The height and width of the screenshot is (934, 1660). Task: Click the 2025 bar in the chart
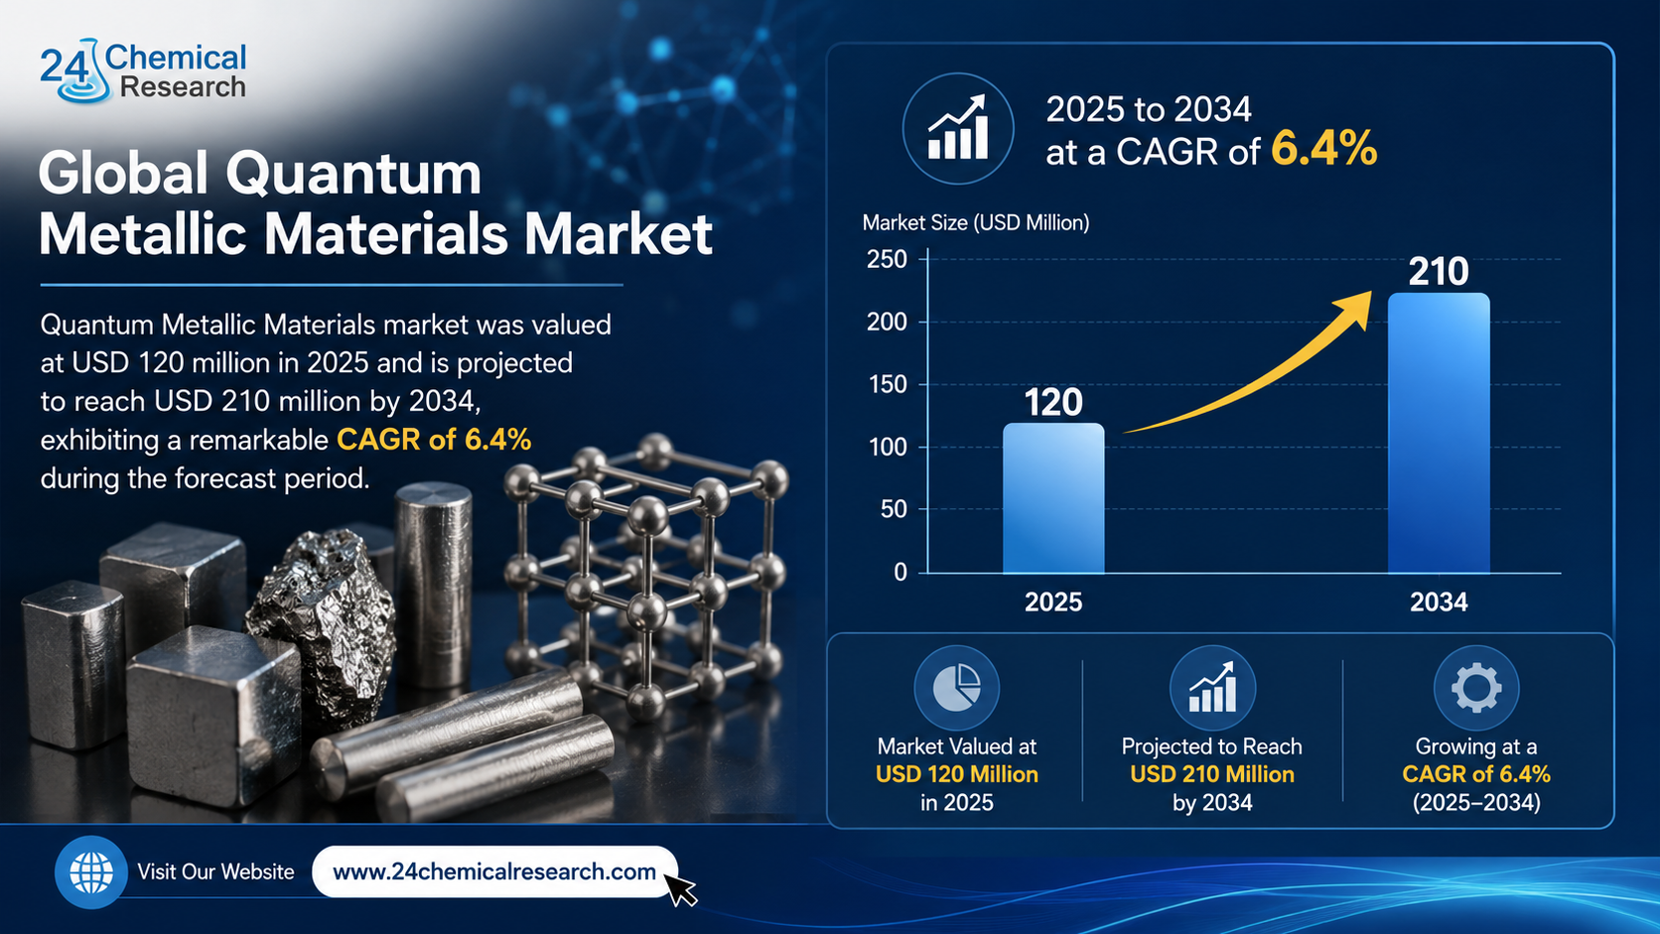pyautogui.click(x=1053, y=497)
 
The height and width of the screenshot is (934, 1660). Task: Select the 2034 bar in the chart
pyautogui.click(x=1439, y=433)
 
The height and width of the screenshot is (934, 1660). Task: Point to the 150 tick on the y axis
pyautogui.click(x=887, y=384)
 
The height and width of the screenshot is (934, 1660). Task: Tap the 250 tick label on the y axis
pyautogui.click(x=887, y=259)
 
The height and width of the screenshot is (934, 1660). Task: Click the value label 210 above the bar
pyautogui.click(x=1439, y=272)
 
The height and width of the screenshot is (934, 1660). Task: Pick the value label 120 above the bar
pyautogui.click(x=1053, y=402)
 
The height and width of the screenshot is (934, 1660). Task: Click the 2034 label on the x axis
pyautogui.click(x=1439, y=602)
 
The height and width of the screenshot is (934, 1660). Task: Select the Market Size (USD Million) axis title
pyautogui.click(x=976, y=223)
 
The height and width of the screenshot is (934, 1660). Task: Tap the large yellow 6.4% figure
pyautogui.click(x=1324, y=148)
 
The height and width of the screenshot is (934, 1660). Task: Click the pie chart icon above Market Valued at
pyautogui.click(x=957, y=688)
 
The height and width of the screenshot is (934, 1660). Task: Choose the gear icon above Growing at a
pyautogui.click(x=1476, y=688)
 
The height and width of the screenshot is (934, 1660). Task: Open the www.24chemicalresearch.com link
pyautogui.click(x=494, y=871)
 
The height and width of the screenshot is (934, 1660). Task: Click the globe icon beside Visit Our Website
pyautogui.click(x=91, y=872)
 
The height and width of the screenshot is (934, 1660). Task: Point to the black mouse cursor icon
pyautogui.click(x=679, y=888)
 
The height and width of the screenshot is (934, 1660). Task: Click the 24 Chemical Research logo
pyautogui.click(x=142, y=70)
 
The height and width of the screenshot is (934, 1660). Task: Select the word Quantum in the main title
pyautogui.click(x=353, y=174)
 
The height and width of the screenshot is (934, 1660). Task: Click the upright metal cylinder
pyautogui.click(x=434, y=586)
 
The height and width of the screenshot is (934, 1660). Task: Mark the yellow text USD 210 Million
pyautogui.click(x=1212, y=775)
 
